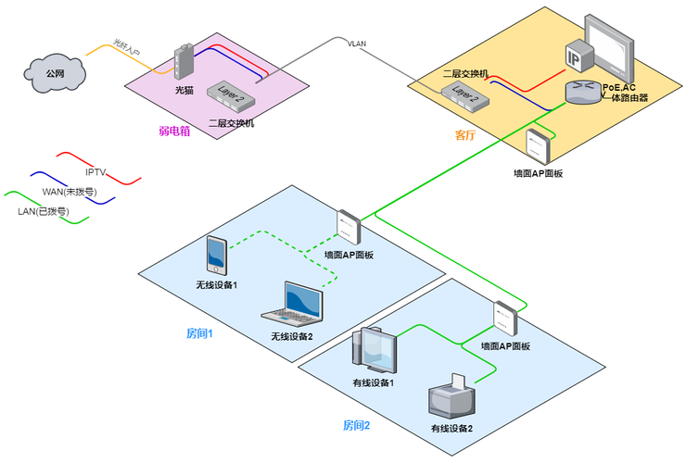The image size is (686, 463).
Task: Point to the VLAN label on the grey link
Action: (357, 44)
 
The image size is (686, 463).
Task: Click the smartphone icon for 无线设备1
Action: (216, 256)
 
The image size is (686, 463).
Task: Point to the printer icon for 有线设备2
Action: (451, 398)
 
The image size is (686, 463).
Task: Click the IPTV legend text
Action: (96, 171)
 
